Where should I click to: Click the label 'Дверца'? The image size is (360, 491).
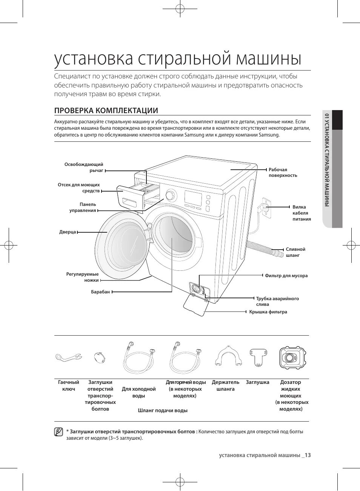pyautogui.click(x=68, y=232)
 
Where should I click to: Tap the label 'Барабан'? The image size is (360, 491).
pyautogui.click(x=100, y=292)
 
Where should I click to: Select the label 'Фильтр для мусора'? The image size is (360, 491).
pyautogui.click(x=286, y=276)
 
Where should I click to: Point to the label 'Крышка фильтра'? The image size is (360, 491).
pyautogui.click(x=268, y=312)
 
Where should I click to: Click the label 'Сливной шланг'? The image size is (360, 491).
pyautogui.click(x=295, y=252)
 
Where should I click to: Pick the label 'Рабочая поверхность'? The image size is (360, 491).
pyautogui.click(x=283, y=172)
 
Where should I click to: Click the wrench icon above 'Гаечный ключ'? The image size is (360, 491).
pyautogui.click(x=68, y=356)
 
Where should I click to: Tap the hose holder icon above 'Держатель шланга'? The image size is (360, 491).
pyautogui.click(x=228, y=356)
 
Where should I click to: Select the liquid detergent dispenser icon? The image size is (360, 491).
pyautogui.click(x=292, y=358)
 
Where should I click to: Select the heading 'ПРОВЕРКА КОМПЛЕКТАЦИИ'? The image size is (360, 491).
pyautogui.click(x=106, y=110)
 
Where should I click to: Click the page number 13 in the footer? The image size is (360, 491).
pyautogui.click(x=308, y=455)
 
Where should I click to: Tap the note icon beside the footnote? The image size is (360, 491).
pyautogui.click(x=58, y=432)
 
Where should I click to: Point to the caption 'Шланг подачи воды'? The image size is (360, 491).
pyautogui.click(x=163, y=410)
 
